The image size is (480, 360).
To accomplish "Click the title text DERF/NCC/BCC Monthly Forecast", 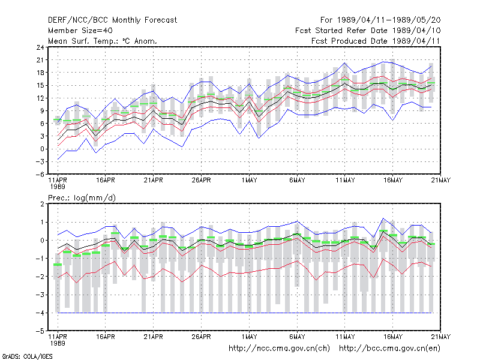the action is [x=112, y=20].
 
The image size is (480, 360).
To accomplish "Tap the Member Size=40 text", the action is [x=80, y=31].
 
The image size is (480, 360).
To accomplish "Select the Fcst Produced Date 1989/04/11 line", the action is [x=376, y=41].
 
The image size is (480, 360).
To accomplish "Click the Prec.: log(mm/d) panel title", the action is [x=82, y=198].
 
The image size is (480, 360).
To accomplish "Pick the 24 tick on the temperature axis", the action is [x=40, y=47].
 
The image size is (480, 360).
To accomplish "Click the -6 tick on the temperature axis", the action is [x=40, y=174].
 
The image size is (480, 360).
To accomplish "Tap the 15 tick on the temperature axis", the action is [x=40, y=85].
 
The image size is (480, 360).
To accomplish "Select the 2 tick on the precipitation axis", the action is [x=42, y=204].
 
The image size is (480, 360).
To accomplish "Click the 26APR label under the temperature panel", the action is [x=201, y=180].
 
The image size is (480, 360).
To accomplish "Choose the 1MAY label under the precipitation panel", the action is [x=249, y=337].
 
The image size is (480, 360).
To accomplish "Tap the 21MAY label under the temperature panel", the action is [x=441, y=180].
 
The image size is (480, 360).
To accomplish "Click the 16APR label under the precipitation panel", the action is [x=106, y=337].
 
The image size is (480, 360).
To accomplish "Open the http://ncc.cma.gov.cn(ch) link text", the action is [x=279, y=349].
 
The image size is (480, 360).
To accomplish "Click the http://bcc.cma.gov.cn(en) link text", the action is [x=389, y=349].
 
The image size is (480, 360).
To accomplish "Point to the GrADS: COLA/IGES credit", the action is [x=27, y=356].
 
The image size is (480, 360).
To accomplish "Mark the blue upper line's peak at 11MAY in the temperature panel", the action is [x=344, y=63].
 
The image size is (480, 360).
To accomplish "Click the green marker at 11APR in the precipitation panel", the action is [x=58, y=265].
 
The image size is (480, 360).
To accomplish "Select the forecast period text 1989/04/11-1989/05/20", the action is [x=389, y=20].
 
